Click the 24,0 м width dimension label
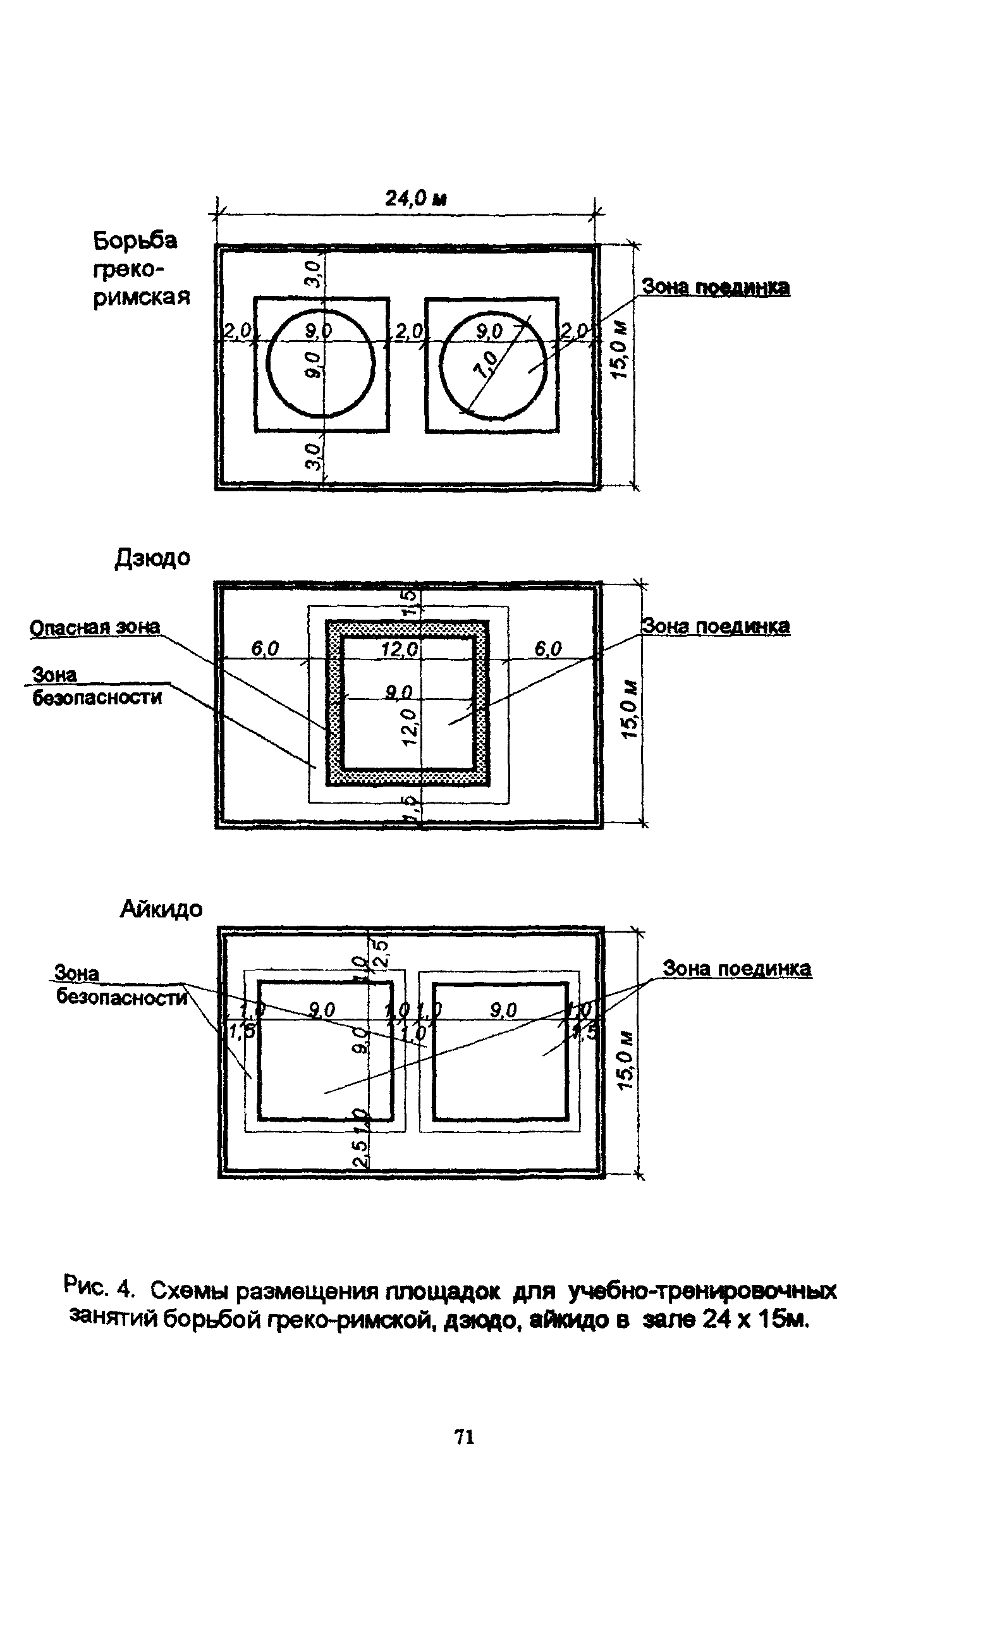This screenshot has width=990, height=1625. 415,199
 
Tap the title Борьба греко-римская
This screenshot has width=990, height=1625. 140,269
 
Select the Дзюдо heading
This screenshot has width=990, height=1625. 152,558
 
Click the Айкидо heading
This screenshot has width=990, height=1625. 161,909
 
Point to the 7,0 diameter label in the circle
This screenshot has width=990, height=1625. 487,364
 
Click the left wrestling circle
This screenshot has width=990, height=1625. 321,364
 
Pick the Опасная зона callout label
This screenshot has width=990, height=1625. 95,627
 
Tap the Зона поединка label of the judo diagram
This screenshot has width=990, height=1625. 716,626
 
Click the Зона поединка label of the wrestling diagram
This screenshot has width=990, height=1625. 716,288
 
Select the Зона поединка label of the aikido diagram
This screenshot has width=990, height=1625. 736,969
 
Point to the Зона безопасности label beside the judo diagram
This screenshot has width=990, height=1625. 96,687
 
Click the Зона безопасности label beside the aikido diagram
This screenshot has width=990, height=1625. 121,986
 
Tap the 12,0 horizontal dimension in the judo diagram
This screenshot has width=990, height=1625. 399,649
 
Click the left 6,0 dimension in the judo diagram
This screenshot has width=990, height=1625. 264,649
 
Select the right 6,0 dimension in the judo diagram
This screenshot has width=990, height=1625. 547,649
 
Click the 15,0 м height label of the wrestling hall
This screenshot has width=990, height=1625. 620,350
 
